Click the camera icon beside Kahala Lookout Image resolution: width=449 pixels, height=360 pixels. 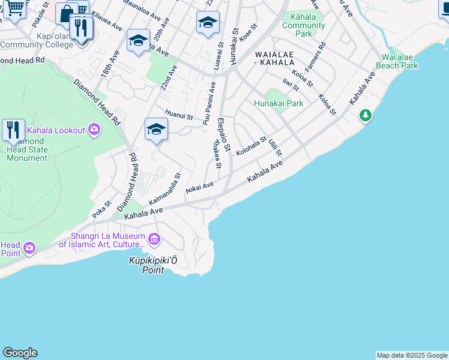click(94, 129)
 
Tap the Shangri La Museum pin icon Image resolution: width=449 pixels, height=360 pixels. click(155, 240)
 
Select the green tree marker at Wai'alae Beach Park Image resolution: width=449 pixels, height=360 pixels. click(365, 115)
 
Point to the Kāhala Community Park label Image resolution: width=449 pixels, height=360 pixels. click(303, 25)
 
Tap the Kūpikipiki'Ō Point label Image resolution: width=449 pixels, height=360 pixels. click(153, 265)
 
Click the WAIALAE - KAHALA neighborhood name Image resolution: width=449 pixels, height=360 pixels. click(282, 58)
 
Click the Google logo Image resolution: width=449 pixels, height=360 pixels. click(20, 353)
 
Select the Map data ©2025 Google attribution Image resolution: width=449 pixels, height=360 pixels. click(412, 355)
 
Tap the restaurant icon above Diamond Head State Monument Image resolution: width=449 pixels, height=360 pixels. click(13, 129)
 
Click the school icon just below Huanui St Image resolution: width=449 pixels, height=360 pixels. click(156, 129)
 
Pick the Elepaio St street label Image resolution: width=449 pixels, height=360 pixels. click(224, 134)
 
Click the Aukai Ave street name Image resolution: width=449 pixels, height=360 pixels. click(200, 188)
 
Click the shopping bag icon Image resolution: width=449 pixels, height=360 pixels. click(66, 13)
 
